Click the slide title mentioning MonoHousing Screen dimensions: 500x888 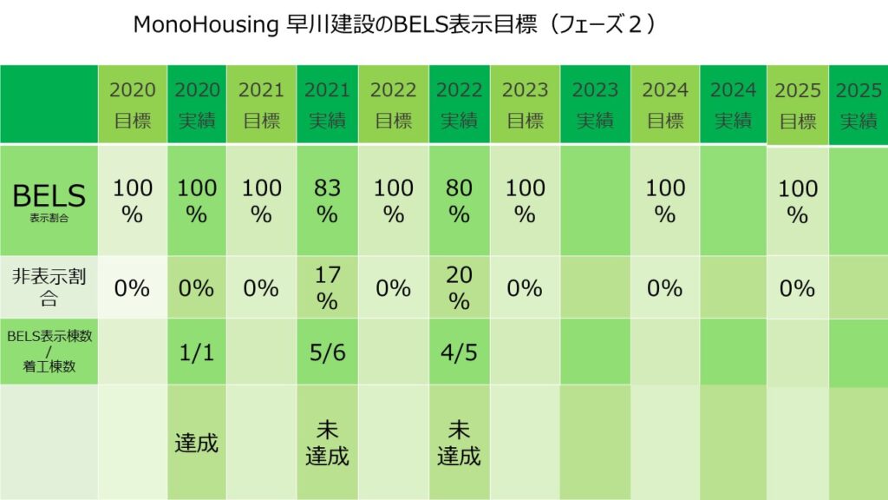[395, 25]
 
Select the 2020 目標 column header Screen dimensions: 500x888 [133, 105]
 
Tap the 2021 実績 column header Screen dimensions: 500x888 [327, 105]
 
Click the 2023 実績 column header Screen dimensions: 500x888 [595, 105]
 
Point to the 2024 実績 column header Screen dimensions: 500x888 [733, 105]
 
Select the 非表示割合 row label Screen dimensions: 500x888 [49, 287]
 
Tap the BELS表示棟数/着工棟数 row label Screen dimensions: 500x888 [49, 352]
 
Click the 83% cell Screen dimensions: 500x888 [327, 201]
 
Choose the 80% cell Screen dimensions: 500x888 [459, 201]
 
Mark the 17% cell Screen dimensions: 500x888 [327, 287]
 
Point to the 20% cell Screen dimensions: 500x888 [459, 287]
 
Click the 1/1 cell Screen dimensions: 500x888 [197, 352]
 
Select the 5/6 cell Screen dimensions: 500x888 [327, 352]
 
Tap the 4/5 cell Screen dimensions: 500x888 [459, 352]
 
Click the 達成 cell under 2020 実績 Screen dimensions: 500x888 [197, 443]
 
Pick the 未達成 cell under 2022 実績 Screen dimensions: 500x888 [459, 443]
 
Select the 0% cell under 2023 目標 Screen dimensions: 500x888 [525, 287]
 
